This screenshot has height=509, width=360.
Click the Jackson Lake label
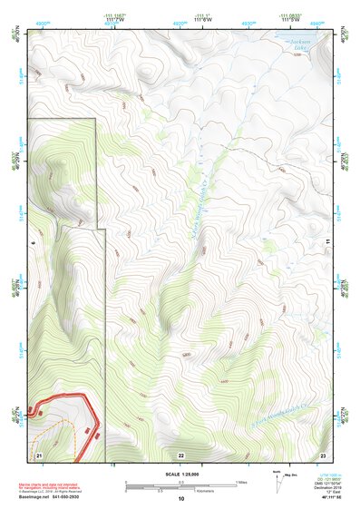click(x=297, y=44)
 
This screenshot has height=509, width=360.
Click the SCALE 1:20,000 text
click(x=180, y=473)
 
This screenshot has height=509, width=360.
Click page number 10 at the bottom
click(x=180, y=498)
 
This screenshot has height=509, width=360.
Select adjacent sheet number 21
click(x=39, y=454)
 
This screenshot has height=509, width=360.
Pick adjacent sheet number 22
click(x=180, y=454)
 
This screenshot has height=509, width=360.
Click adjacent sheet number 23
click(x=322, y=454)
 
